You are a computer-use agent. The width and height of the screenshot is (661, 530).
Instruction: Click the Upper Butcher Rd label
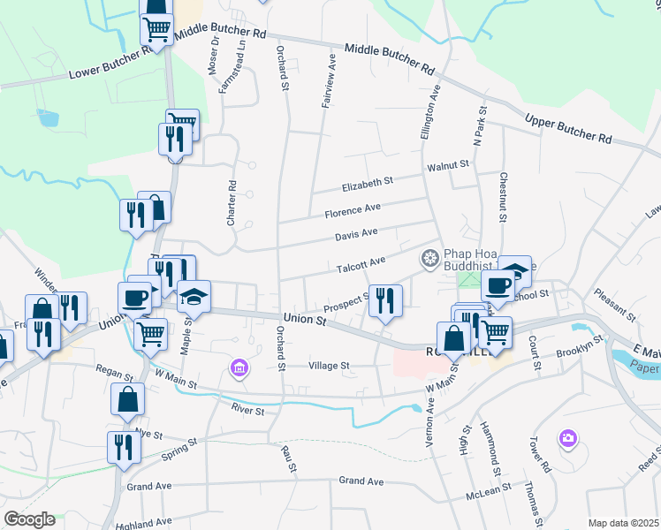click(568, 129)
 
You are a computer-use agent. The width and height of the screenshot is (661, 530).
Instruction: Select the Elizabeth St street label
click(367, 183)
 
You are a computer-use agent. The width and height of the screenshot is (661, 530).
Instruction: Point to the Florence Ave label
click(352, 210)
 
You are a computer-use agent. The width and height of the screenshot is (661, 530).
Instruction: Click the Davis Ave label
click(356, 234)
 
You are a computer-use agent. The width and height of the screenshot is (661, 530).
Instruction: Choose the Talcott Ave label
click(361, 263)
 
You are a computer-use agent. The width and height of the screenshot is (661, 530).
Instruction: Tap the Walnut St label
click(449, 163)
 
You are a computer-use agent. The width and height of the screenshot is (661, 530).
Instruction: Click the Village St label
click(329, 365)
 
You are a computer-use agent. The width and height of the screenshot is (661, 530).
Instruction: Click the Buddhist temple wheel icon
click(430, 258)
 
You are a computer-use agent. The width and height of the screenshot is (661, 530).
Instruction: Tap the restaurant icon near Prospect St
click(384, 301)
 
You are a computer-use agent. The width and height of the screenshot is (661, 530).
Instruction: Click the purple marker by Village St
click(239, 367)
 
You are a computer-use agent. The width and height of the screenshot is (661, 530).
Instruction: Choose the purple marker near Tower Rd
click(567, 437)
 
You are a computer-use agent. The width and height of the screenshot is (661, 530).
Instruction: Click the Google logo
click(29, 519)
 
